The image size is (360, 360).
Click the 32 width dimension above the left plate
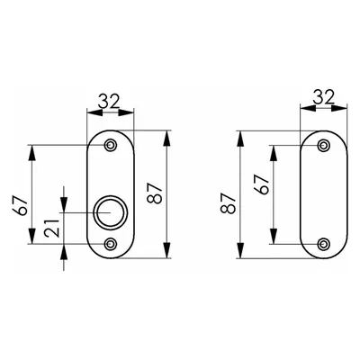click(x=109, y=102)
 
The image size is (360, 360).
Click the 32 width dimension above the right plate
click(x=323, y=97)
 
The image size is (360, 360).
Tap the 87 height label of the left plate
click(x=156, y=193)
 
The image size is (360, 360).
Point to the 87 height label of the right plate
click(x=229, y=203)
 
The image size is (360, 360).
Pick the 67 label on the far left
click(x=21, y=206)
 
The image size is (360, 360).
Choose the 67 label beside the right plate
click(x=261, y=184)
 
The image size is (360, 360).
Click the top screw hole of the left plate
click(x=111, y=145)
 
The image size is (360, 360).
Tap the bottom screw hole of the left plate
click(x=111, y=244)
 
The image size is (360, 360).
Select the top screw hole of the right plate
click(x=324, y=146)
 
